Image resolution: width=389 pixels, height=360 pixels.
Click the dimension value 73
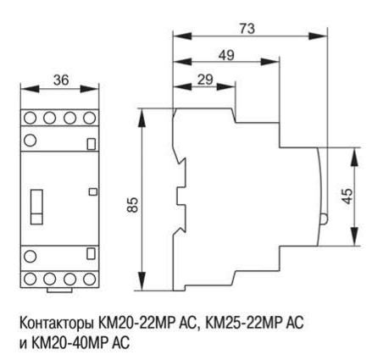point(247,29)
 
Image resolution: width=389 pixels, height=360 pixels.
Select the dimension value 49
point(226,55)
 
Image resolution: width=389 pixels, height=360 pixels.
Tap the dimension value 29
point(205,80)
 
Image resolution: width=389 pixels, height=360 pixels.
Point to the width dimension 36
point(61,80)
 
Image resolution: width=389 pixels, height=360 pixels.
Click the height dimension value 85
point(132,204)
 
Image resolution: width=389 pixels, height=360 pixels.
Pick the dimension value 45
point(347,196)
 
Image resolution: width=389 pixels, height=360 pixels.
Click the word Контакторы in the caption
point(57,324)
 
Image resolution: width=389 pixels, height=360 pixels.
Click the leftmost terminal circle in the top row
point(30,118)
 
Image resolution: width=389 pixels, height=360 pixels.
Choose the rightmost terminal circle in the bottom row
point(90,279)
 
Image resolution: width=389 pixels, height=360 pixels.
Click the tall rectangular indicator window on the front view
point(36,207)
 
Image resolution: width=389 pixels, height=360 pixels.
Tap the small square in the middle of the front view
point(93,191)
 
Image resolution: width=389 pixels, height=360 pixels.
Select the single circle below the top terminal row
point(30,141)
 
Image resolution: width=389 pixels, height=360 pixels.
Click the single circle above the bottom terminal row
point(30,257)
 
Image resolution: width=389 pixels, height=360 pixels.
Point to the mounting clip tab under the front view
point(59,291)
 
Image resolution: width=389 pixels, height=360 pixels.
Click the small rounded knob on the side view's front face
point(324,219)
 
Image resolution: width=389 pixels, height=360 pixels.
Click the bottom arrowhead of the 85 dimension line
point(142,281)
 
